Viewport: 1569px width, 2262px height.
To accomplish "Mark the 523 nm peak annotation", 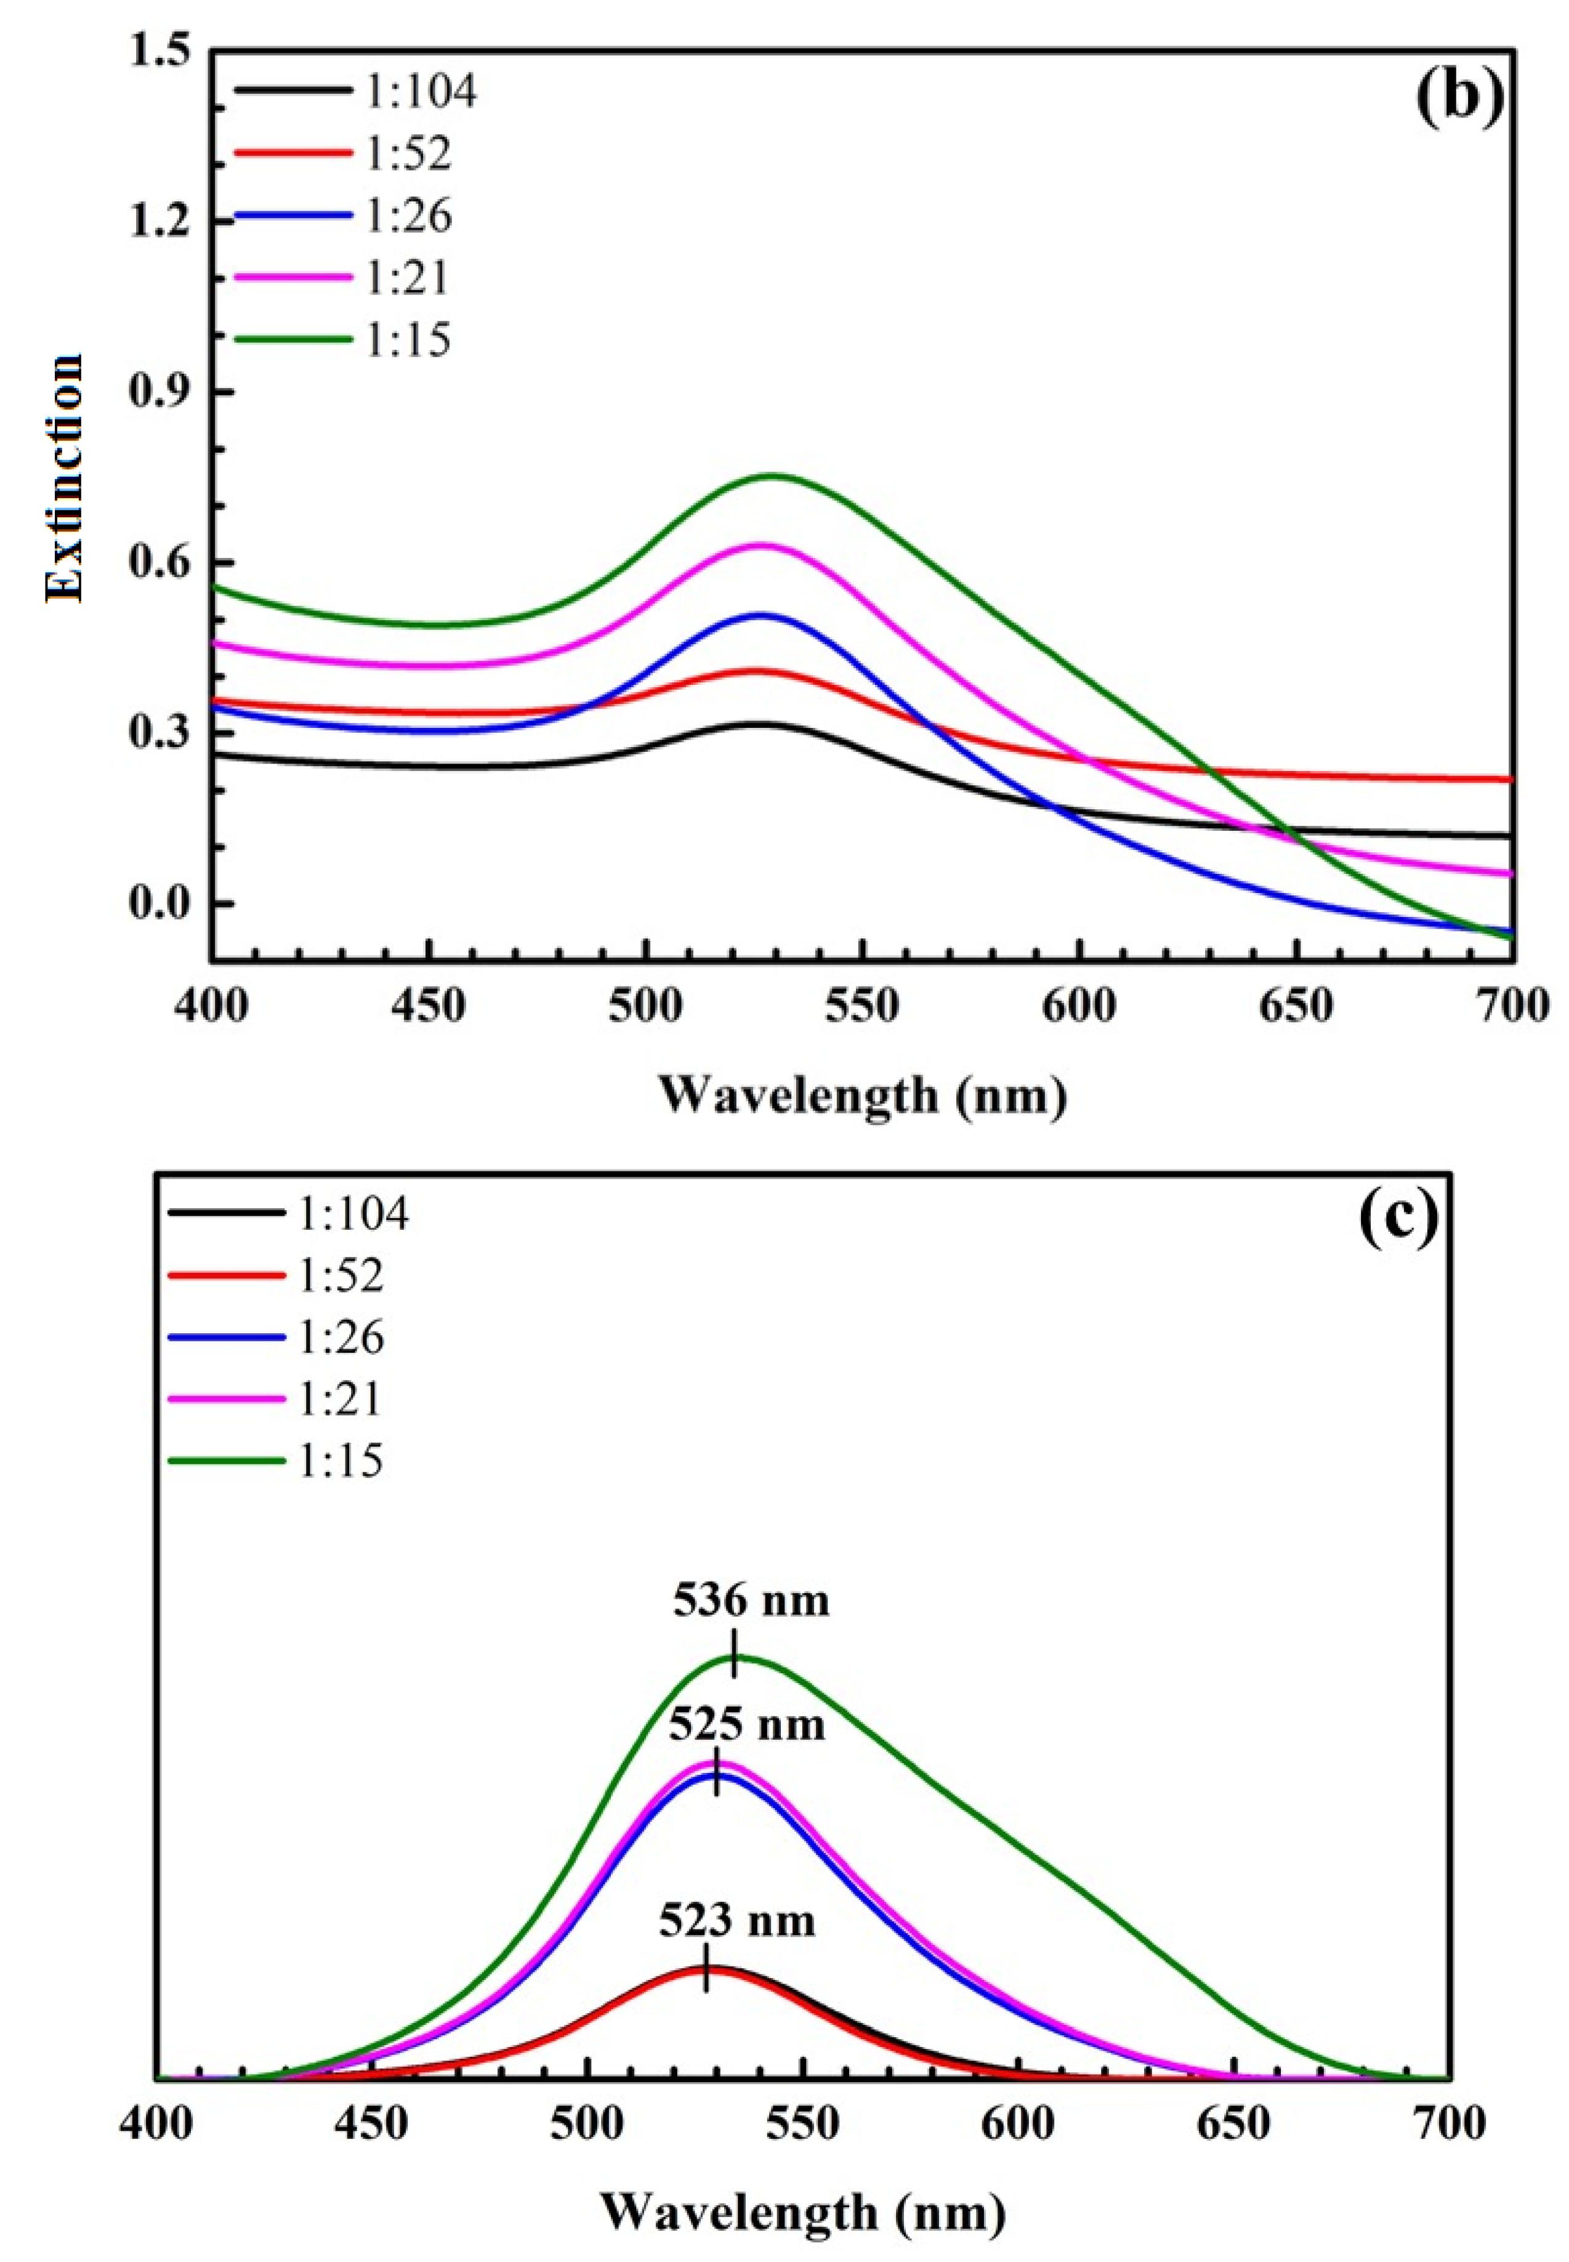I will pyautogui.click(x=736, y=1921).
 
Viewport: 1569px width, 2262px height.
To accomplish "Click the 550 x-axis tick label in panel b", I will pyautogui.click(x=862, y=1009).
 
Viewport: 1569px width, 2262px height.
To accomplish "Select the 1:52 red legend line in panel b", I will pyautogui.click(x=293, y=152).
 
